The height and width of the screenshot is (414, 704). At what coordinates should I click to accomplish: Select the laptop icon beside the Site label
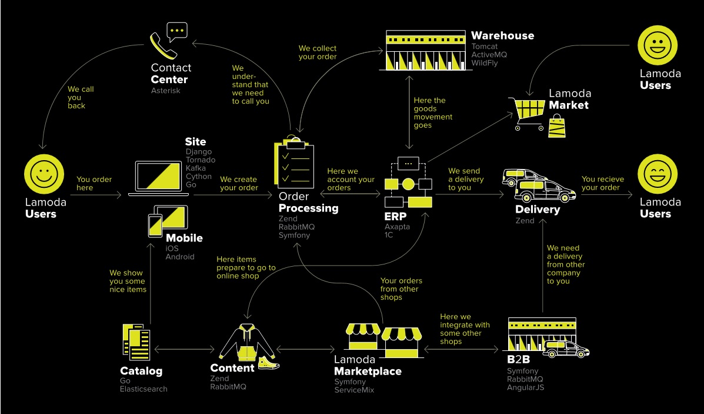156,176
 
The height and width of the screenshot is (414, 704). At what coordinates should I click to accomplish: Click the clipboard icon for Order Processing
295,164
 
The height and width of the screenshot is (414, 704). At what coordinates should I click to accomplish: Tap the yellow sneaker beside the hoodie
268,362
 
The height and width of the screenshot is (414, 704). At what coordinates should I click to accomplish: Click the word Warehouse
502,35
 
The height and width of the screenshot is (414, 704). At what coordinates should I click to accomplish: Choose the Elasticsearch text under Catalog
144,389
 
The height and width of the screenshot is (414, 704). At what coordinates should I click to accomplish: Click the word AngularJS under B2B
525,387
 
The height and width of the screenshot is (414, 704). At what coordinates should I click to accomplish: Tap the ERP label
395,216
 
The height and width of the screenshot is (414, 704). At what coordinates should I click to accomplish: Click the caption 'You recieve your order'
603,183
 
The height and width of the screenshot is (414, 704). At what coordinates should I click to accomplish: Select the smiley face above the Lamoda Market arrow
658,46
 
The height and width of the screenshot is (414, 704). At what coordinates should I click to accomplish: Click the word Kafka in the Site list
196,168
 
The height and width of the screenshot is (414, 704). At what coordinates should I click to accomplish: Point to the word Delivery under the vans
538,210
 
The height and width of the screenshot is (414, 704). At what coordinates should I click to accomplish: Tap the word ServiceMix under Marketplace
354,390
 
